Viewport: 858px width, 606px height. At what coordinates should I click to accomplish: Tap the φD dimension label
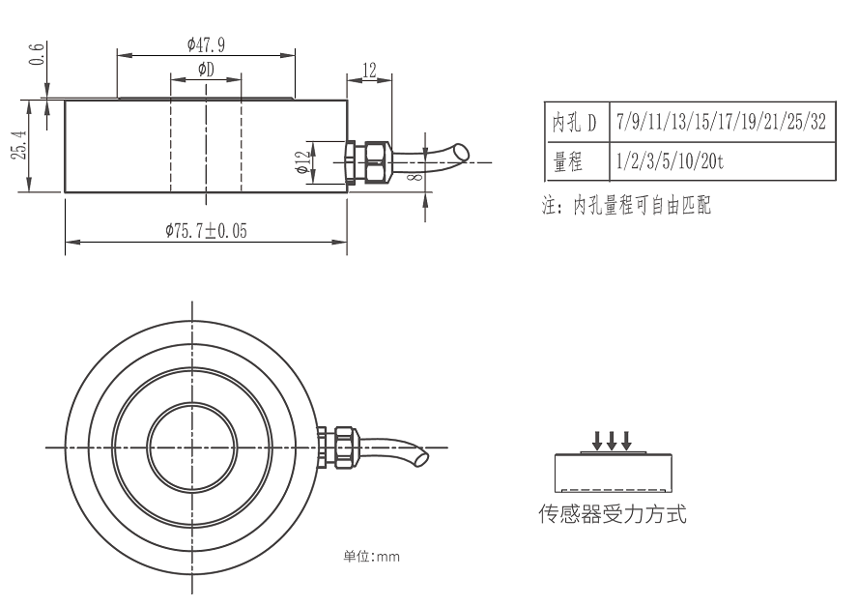[x=205, y=69]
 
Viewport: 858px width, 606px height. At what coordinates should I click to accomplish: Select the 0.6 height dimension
[x=37, y=55]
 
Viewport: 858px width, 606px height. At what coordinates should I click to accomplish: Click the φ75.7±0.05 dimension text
[x=205, y=230]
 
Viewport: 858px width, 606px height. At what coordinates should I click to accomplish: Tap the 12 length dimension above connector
[x=369, y=70]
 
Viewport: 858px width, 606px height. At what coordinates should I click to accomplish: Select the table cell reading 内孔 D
[x=574, y=123]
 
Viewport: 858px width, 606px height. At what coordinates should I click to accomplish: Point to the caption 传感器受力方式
[x=613, y=514]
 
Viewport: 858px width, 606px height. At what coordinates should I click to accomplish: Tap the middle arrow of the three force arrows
[x=613, y=441]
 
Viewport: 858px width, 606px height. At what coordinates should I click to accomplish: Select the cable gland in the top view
[x=340, y=447]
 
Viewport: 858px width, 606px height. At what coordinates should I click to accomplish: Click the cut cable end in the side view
[x=462, y=153]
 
